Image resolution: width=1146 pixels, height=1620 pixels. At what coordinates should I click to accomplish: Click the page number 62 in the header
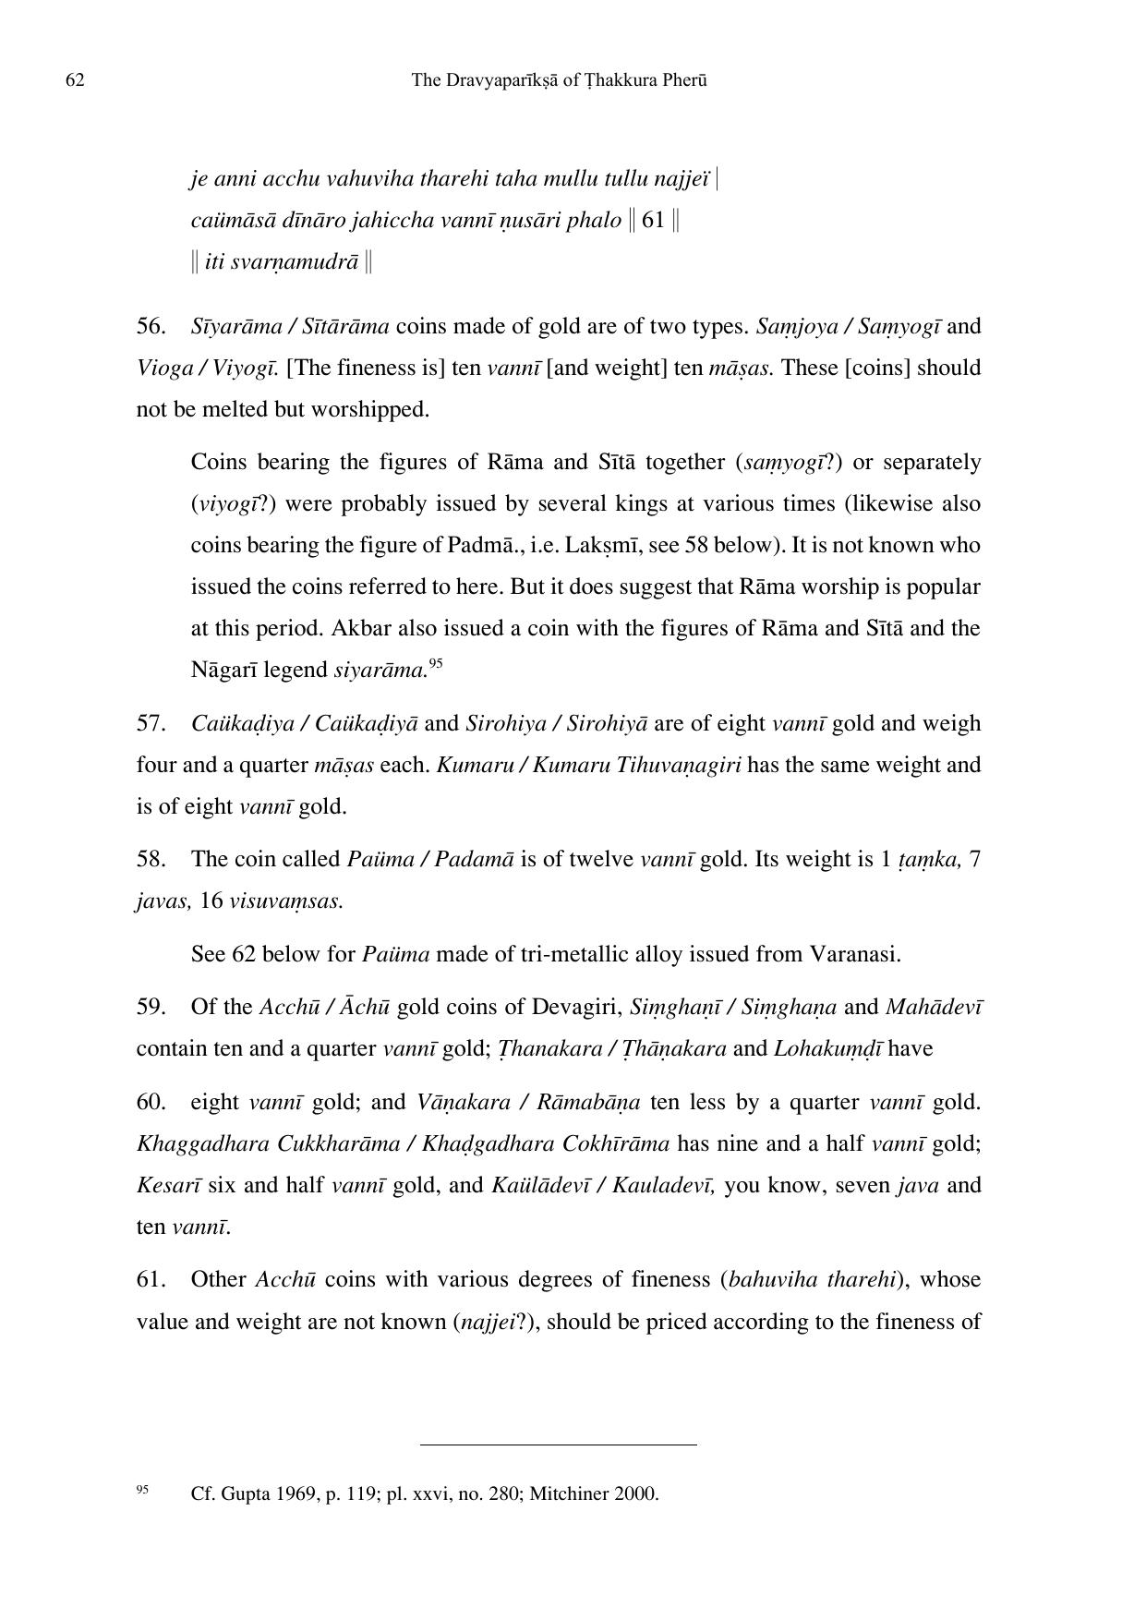(x=75, y=80)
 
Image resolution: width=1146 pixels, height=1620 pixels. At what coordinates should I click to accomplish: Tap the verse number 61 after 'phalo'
(x=653, y=221)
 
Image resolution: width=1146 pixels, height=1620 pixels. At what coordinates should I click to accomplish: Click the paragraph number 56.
(x=151, y=326)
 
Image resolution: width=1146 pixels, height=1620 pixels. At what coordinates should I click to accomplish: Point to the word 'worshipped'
(x=371, y=409)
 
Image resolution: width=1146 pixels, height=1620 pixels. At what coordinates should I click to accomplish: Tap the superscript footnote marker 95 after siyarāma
(x=436, y=662)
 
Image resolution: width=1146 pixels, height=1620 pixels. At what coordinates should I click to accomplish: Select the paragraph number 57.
(x=151, y=723)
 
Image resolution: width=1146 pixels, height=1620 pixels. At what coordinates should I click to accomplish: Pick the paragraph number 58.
(x=151, y=859)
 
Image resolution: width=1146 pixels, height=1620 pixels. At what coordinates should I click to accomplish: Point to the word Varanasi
(x=854, y=953)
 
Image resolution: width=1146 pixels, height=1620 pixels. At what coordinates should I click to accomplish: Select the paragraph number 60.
(x=151, y=1102)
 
